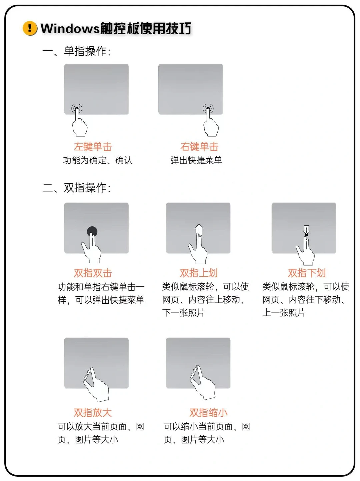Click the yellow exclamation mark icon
(30, 28)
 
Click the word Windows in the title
(70, 29)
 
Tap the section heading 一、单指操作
(76, 51)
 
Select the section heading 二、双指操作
(76, 188)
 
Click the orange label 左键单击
(93, 147)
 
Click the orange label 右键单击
(199, 147)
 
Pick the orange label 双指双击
(93, 273)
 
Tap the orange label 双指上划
(199, 273)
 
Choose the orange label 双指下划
(307, 273)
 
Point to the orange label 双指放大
(93, 413)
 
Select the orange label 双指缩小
(208, 413)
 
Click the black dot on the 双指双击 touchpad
(92, 231)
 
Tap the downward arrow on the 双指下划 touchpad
(306, 229)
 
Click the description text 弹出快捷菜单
(196, 160)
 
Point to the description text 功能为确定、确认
(98, 160)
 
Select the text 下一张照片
(183, 313)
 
